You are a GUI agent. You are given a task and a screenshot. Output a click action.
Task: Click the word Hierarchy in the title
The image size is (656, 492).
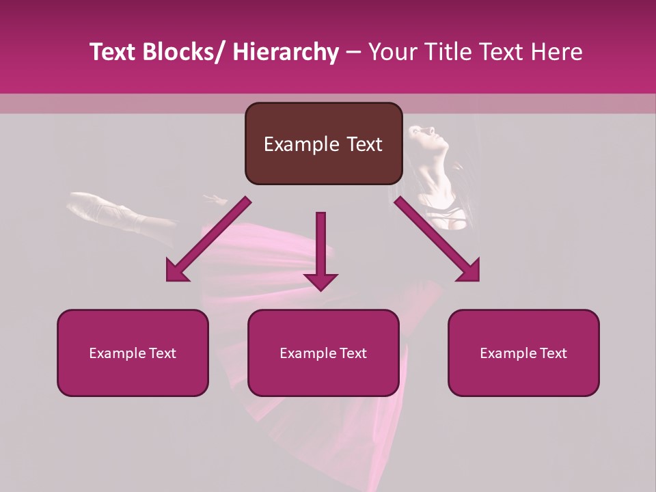(x=286, y=52)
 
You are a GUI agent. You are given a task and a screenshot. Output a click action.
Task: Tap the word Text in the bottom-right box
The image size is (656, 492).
(x=552, y=353)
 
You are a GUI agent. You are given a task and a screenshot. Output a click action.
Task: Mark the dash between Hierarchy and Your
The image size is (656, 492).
(x=353, y=53)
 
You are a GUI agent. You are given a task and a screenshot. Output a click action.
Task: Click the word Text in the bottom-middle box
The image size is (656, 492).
(x=352, y=353)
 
